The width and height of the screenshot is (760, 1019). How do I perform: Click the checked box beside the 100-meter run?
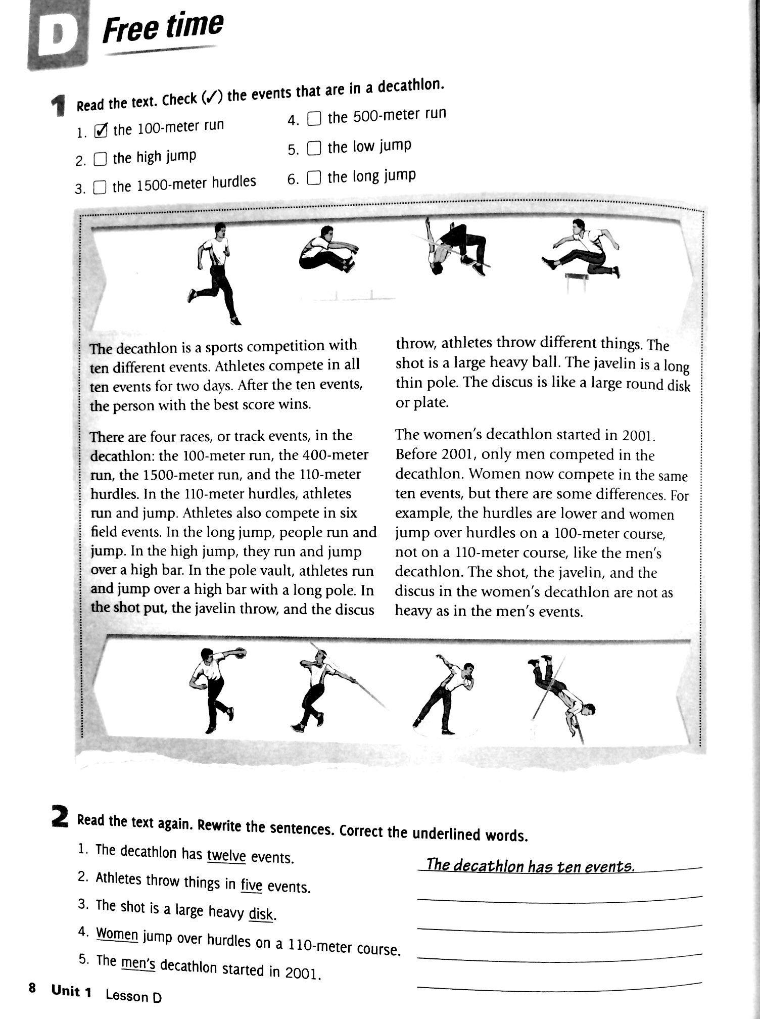click(x=101, y=131)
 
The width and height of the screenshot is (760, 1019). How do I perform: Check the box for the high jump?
click(x=101, y=160)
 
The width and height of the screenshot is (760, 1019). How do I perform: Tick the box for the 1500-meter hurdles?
click(x=100, y=188)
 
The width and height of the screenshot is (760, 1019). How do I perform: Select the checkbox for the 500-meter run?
click(x=314, y=119)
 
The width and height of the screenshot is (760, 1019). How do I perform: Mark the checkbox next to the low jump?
click(x=314, y=148)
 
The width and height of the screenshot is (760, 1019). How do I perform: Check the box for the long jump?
click(x=314, y=178)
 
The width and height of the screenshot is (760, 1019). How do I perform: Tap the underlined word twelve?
click(x=226, y=856)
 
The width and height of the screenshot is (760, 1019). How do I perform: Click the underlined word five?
click(x=251, y=885)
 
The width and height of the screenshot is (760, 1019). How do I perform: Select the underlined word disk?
click(x=261, y=914)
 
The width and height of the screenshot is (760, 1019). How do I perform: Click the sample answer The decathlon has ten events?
click(x=530, y=866)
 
